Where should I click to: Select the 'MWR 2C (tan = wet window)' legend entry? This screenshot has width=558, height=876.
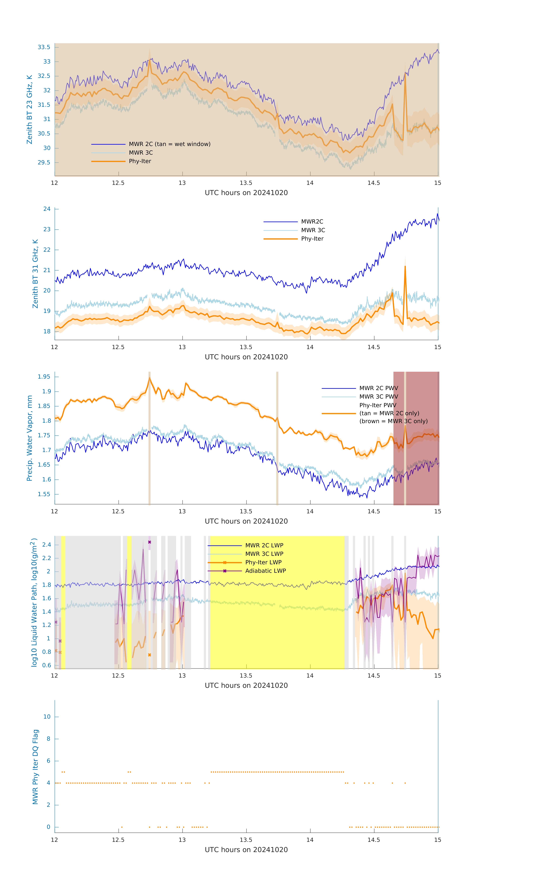click(169, 144)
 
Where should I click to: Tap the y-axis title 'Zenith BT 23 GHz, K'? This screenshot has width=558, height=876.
click(29, 109)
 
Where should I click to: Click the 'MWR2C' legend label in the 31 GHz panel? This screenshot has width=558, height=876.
click(312, 221)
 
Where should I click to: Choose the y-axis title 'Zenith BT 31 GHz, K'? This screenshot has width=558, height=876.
click(35, 274)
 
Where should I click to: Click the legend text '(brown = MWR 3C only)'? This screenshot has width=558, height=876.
click(393, 421)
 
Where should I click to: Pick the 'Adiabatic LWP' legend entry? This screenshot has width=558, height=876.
click(265, 571)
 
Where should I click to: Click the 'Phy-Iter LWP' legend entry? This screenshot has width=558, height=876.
click(263, 562)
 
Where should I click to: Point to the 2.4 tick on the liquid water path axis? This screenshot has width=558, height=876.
click(47, 545)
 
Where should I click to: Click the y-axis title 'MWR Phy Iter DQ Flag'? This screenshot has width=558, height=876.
click(35, 766)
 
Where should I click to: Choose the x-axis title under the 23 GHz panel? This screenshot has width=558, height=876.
click(246, 193)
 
